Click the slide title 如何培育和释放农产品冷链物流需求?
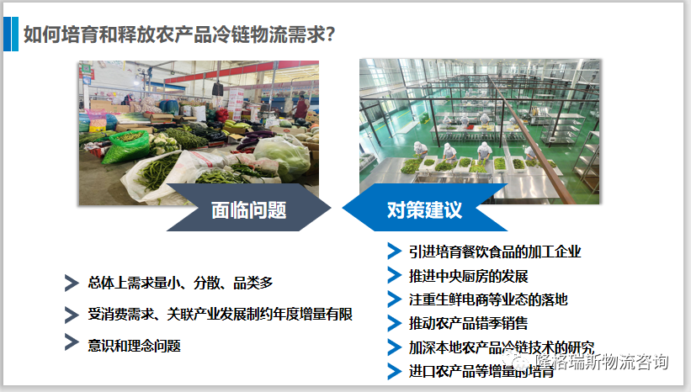coord(180,34)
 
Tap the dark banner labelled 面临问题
coord(248,209)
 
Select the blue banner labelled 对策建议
coord(424,209)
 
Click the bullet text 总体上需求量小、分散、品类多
coord(180,283)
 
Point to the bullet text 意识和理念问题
coord(134,345)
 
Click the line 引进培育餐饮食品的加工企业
coord(495,252)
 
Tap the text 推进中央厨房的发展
coord(468,275)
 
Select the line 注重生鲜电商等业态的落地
coord(488,299)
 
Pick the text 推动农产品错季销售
coord(468,322)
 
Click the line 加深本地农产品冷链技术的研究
coord(502,347)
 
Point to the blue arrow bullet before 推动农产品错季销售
coord(393,322)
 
